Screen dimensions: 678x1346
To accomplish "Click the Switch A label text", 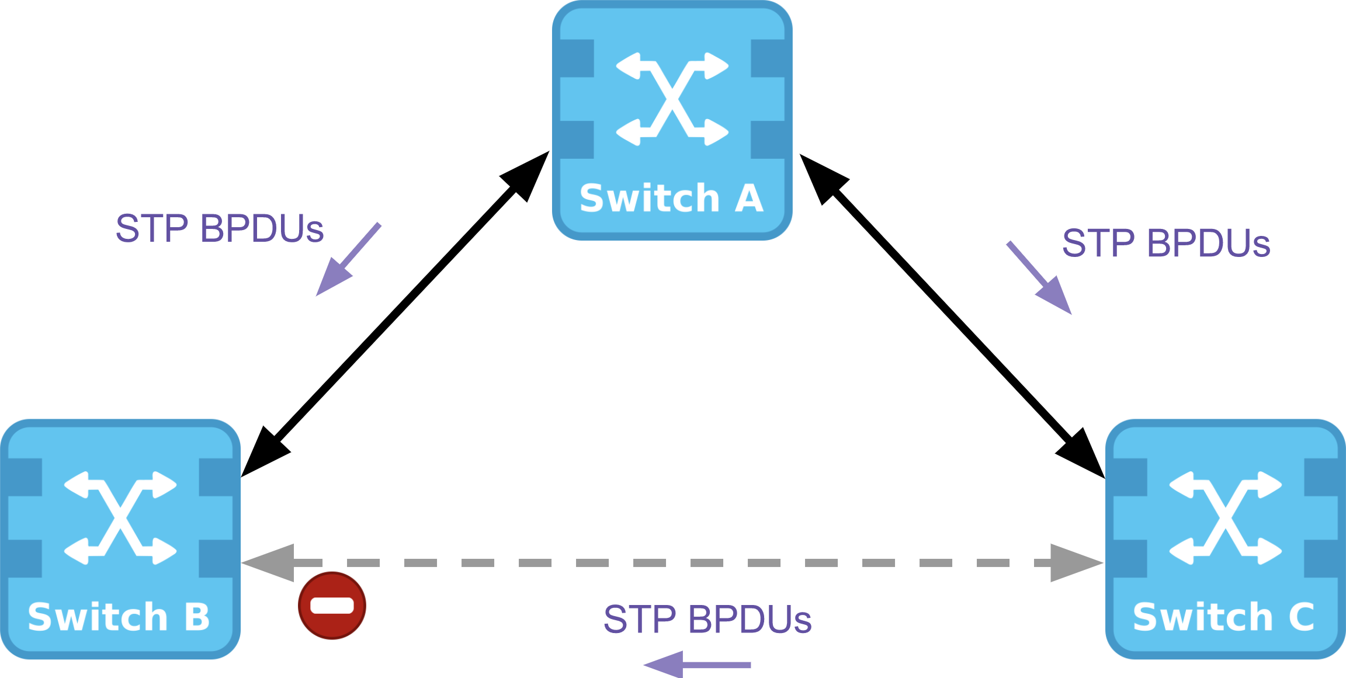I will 672,199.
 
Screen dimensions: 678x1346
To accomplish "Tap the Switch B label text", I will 119,617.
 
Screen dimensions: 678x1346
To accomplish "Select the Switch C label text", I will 1224,617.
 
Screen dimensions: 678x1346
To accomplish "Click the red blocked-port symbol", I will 332,606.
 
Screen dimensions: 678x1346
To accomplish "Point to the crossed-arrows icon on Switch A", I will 672,99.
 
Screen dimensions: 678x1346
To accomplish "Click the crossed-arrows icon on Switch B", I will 120,518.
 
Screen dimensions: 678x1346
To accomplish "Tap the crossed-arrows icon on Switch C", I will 1226,518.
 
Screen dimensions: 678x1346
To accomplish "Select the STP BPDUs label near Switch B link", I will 220,228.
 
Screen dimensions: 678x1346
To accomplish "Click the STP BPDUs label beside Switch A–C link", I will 1166,244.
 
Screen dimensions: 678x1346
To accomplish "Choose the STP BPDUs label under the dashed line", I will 707,620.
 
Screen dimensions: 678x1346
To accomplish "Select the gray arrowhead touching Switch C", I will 1073,563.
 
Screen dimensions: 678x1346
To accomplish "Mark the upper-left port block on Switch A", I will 577,58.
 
